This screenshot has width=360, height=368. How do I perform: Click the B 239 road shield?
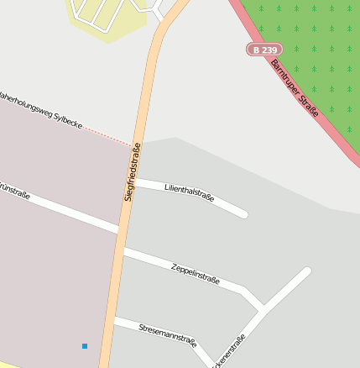click(x=263, y=50)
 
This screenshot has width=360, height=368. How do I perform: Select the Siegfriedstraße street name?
click(x=133, y=171)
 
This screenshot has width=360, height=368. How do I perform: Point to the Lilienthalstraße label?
click(x=190, y=192)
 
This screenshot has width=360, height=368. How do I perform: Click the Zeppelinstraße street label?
click(x=195, y=272)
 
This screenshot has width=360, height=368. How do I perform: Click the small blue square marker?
click(x=85, y=346)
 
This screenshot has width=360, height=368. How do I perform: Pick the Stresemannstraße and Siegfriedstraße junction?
click(x=112, y=319)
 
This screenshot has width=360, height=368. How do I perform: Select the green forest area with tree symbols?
click(x=310, y=50)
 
